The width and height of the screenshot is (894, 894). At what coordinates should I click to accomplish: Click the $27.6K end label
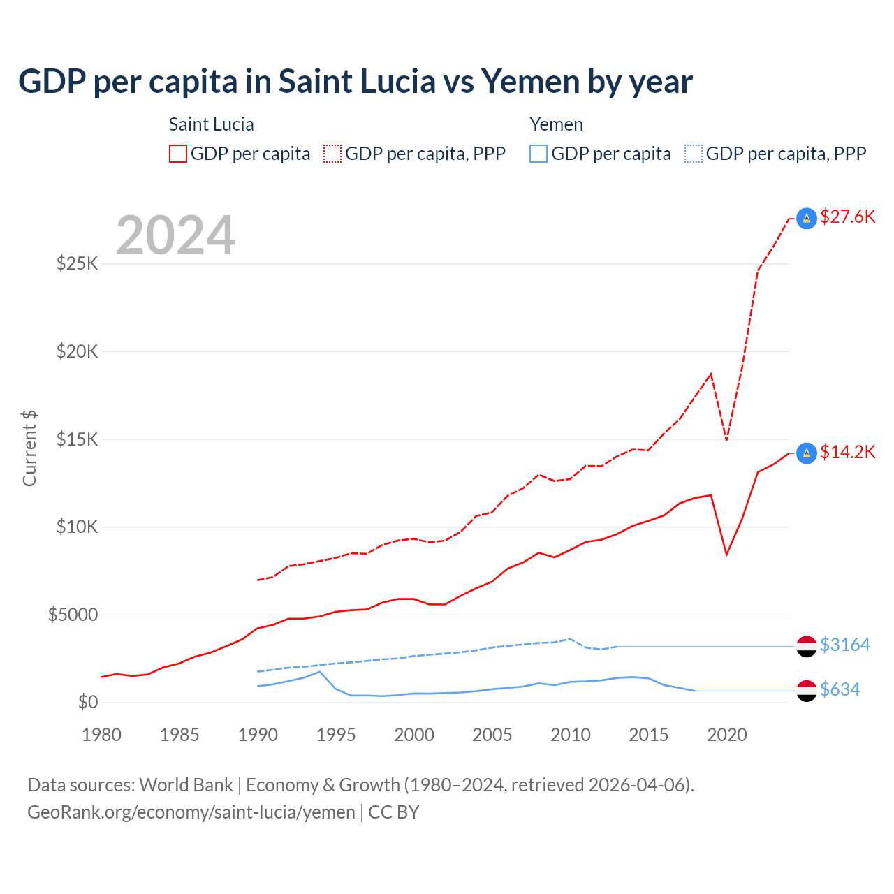(x=847, y=217)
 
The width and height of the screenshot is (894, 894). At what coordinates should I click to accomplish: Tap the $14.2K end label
(x=847, y=452)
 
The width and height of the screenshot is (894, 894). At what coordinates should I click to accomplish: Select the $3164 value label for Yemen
(x=844, y=645)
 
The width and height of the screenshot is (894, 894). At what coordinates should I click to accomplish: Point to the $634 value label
(x=840, y=689)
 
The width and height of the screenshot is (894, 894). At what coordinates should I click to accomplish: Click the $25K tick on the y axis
(x=78, y=264)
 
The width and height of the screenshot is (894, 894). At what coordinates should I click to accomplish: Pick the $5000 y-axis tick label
(x=73, y=615)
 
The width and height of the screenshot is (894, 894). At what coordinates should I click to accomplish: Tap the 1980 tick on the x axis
(x=101, y=735)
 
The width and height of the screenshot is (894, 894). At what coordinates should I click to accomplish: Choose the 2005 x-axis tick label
(x=492, y=735)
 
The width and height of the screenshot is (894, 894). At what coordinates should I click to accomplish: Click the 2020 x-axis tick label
(x=727, y=735)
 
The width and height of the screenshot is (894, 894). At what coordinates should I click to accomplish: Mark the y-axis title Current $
(x=29, y=448)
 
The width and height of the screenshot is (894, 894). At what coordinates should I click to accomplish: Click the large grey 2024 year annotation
(x=175, y=235)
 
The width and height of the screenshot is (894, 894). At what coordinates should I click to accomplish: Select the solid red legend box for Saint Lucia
(x=178, y=154)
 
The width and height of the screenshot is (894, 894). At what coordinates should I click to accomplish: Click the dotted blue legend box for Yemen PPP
(x=694, y=154)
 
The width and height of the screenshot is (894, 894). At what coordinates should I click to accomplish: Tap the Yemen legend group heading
(x=556, y=124)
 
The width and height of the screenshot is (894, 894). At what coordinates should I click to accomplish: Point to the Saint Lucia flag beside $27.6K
(x=807, y=219)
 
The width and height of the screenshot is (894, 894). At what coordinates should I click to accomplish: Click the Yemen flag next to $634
(x=807, y=691)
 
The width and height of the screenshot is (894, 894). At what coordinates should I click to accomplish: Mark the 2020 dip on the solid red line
(x=727, y=555)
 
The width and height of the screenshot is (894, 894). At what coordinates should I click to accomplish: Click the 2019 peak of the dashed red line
(x=711, y=374)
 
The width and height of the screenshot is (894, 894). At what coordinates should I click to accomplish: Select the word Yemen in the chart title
(x=531, y=81)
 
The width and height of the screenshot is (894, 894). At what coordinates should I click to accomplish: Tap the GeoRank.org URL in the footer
(x=191, y=812)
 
